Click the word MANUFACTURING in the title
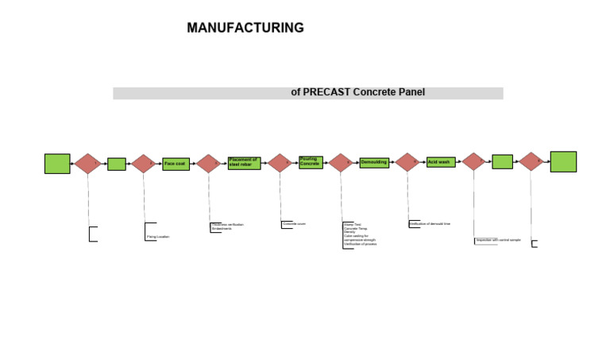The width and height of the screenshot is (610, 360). coord(245,28)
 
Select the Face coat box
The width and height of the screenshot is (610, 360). coord(176,164)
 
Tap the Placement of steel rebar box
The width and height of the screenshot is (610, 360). coord(244,162)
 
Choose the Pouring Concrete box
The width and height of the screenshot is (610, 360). coord(311,161)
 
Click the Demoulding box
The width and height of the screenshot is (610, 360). coord(373,162)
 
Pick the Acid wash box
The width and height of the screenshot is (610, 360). coord(440,162)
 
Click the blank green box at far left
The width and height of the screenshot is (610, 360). coord(57,164)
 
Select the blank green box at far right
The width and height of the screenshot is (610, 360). coord(563,161)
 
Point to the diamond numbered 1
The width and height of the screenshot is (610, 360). coord(87,163)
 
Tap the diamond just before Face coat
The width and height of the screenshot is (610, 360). coord(144,164)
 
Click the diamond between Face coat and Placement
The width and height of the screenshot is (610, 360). coord(208,164)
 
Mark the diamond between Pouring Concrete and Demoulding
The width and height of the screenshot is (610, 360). coord(340,163)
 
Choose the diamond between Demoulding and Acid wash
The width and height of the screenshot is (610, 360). coord(407,162)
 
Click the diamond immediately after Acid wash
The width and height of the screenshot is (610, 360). coord(473,162)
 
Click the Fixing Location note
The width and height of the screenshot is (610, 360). coord(157,237)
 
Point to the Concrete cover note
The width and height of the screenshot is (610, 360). coord(294,224)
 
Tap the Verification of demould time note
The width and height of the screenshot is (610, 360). coord(430,224)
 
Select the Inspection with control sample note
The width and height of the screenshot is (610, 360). coord(498,239)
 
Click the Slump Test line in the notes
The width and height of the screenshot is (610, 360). coord(352,224)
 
